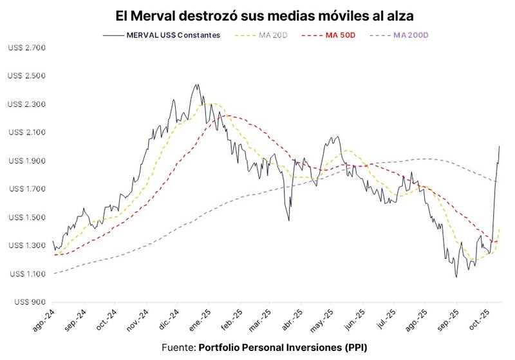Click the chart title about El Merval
click(257, 14)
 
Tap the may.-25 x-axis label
click(328, 321)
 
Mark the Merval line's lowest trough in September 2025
click(456, 277)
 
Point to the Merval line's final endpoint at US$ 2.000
click(499, 146)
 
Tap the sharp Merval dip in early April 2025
click(288, 220)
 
